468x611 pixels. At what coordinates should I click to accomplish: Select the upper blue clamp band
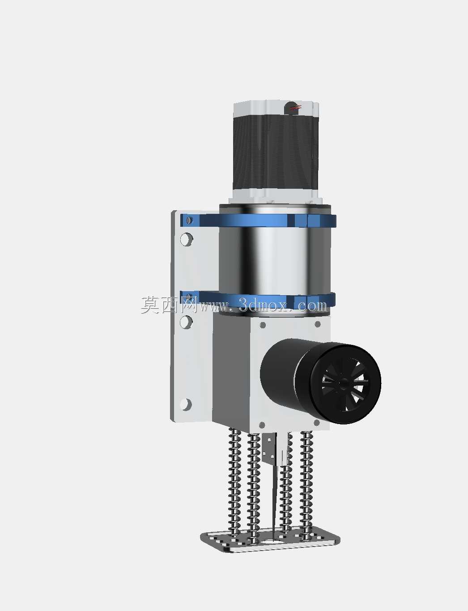[x=258, y=221]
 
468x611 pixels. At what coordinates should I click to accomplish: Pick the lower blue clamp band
[x=258, y=299]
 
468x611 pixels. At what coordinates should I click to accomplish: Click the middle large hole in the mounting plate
[x=186, y=322]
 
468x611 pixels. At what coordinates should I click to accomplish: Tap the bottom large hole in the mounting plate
[x=186, y=404]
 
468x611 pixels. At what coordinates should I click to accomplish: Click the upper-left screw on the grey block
[x=263, y=325]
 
